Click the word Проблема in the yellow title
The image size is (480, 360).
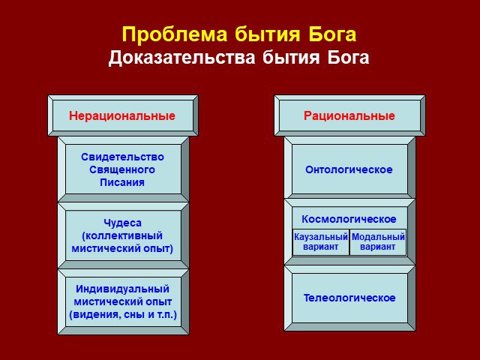(175, 34)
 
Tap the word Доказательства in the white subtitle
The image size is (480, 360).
(181, 57)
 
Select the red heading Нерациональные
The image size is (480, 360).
(122, 116)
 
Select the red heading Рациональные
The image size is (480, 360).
(349, 116)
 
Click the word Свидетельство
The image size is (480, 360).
(122, 157)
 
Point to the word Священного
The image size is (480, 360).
(122, 170)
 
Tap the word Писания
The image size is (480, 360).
(122, 182)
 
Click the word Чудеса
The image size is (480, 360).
(122, 223)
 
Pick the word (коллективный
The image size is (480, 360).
(122, 235)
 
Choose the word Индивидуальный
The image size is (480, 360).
(122, 289)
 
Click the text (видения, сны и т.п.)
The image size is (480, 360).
(123, 315)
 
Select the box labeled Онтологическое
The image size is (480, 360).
(349, 169)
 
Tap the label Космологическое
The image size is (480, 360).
(349, 219)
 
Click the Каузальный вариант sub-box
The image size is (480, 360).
(321, 242)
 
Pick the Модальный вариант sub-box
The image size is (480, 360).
(378, 242)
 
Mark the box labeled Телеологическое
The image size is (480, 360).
(349, 298)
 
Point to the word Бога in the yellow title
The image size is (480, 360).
(332, 34)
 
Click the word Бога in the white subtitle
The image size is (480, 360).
(348, 57)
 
